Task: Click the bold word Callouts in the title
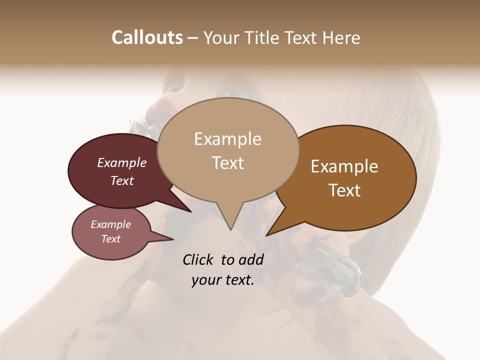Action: pos(147,37)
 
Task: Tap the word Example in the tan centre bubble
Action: pos(227,139)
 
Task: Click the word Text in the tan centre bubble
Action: pos(227,163)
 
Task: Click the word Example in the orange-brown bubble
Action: pos(344,166)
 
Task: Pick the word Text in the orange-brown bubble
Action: pos(344,190)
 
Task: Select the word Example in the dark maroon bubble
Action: pos(122,162)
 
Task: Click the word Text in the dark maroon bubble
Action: pos(122,180)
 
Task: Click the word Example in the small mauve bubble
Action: pos(111,224)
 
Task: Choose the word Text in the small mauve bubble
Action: pos(111,239)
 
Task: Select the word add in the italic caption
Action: pos(251,259)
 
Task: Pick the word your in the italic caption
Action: pos(206,280)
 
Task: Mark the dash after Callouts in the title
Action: pos(193,38)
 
